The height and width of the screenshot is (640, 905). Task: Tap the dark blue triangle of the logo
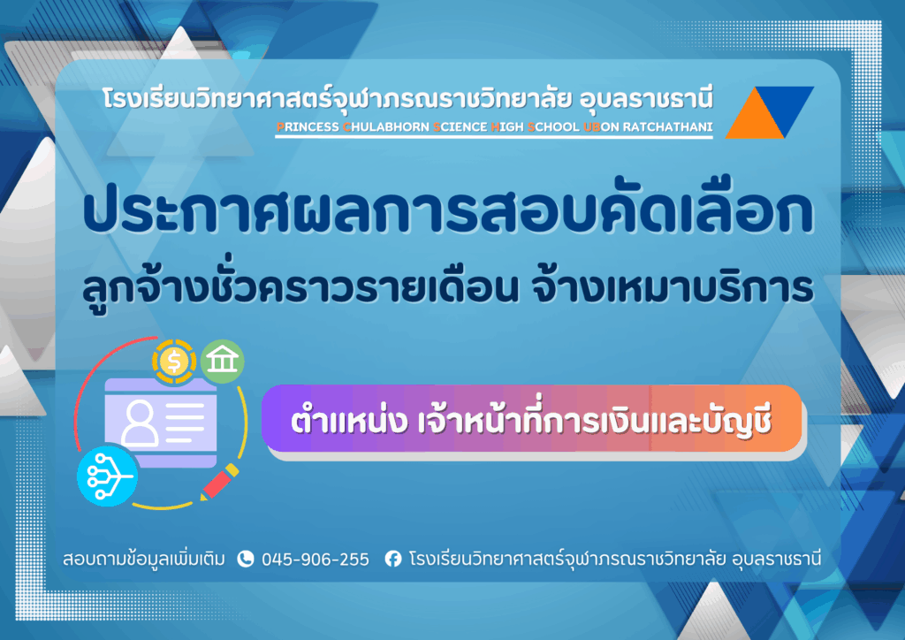click(788, 104)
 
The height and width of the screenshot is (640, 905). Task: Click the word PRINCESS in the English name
click(308, 127)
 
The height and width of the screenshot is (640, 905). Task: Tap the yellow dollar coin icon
click(172, 360)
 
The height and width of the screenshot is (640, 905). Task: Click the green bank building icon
click(221, 362)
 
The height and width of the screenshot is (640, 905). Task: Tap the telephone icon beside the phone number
click(246, 559)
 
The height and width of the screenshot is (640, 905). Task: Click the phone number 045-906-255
click(316, 560)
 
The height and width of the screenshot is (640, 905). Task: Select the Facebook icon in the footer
click(393, 559)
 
